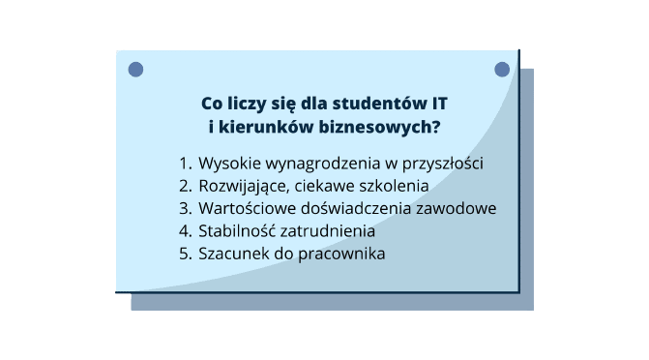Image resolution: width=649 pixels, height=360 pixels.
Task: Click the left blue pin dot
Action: (135, 70)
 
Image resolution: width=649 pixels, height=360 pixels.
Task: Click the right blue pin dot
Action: (502, 70)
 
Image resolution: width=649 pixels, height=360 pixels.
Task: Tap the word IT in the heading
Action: (439, 102)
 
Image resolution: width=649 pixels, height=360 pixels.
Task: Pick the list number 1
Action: (184, 162)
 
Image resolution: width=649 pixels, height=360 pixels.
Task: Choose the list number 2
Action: (184, 185)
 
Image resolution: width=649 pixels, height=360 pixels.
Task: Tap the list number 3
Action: (184, 208)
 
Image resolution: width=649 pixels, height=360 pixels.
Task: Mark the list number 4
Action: (184, 231)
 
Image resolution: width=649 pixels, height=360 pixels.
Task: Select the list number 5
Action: (184, 255)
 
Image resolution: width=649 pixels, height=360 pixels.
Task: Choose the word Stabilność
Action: (238, 231)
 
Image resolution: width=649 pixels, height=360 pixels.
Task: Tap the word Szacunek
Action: (232, 255)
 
